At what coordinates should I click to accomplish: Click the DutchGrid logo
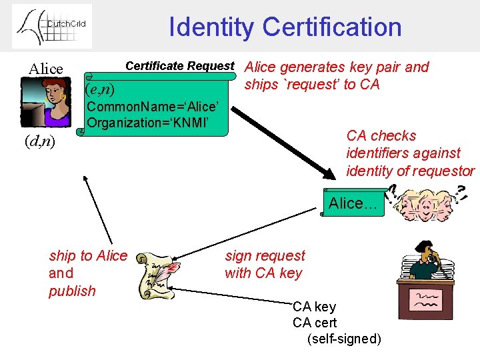(x=52, y=26)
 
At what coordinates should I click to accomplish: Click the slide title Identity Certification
(x=285, y=27)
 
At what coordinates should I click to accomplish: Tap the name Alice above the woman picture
(x=46, y=69)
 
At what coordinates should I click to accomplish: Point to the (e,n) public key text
(x=100, y=89)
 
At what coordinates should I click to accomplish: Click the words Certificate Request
(x=180, y=66)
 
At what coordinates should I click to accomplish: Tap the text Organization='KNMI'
(x=149, y=123)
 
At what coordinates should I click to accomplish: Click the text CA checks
(x=381, y=136)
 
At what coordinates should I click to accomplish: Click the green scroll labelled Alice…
(x=353, y=203)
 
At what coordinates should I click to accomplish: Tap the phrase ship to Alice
(x=88, y=255)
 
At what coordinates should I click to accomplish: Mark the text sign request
(x=265, y=255)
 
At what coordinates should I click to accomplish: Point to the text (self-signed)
(x=344, y=339)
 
